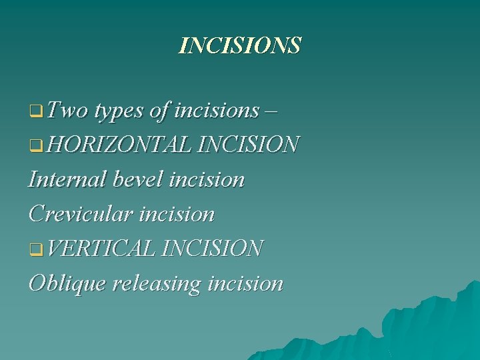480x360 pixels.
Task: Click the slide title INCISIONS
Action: pyautogui.click(x=240, y=45)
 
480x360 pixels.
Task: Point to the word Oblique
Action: pyautogui.click(x=67, y=284)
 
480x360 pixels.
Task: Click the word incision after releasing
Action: pyautogui.click(x=245, y=284)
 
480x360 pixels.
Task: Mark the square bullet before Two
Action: pyautogui.click(x=35, y=111)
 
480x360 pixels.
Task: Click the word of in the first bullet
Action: pyautogui.click(x=159, y=110)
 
